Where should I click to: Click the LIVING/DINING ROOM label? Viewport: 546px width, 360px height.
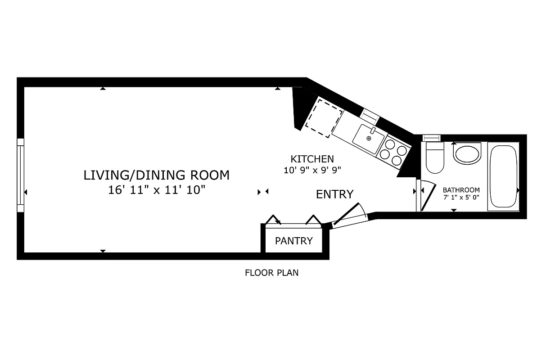coord(156,175)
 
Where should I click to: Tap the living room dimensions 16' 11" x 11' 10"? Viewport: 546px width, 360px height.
coord(156,190)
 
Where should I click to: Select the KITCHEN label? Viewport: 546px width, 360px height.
coord(312,159)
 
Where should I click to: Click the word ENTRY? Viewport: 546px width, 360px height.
coord(334,194)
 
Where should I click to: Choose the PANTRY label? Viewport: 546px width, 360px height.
coord(293,241)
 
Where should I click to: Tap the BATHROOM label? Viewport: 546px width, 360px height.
coord(461,190)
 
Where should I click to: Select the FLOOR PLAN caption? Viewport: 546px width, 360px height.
coord(271,273)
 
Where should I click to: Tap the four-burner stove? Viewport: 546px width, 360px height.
coord(391,152)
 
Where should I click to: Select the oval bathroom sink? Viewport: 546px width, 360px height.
coord(467,154)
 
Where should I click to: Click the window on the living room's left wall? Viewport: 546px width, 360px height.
coord(20,175)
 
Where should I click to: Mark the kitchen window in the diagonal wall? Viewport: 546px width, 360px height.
coord(369,115)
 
